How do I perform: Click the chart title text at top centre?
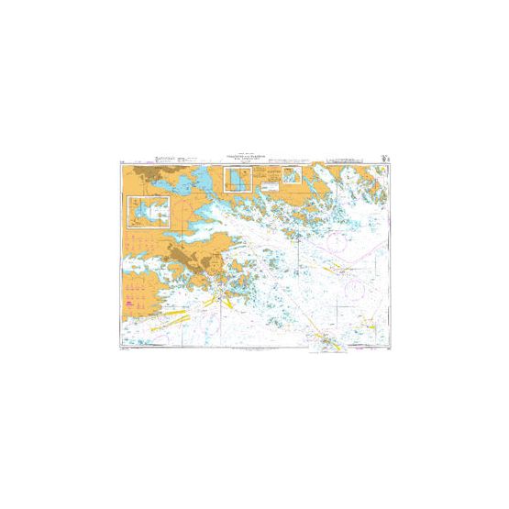254,157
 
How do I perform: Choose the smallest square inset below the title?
293,174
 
